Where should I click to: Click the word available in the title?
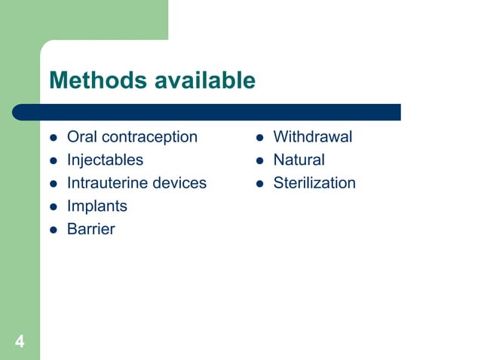[205, 80]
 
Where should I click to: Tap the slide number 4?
[20, 343]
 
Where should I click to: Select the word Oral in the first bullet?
[82, 137]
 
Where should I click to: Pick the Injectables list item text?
[105, 160]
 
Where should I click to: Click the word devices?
[180, 183]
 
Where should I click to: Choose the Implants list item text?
[97, 206]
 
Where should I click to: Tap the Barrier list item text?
[90, 229]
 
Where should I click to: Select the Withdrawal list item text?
[312, 137]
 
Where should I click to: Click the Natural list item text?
[299, 160]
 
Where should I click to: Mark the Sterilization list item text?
[314, 183]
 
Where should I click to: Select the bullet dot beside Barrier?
[54, 230]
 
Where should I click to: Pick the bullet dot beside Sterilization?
[259, 184]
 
